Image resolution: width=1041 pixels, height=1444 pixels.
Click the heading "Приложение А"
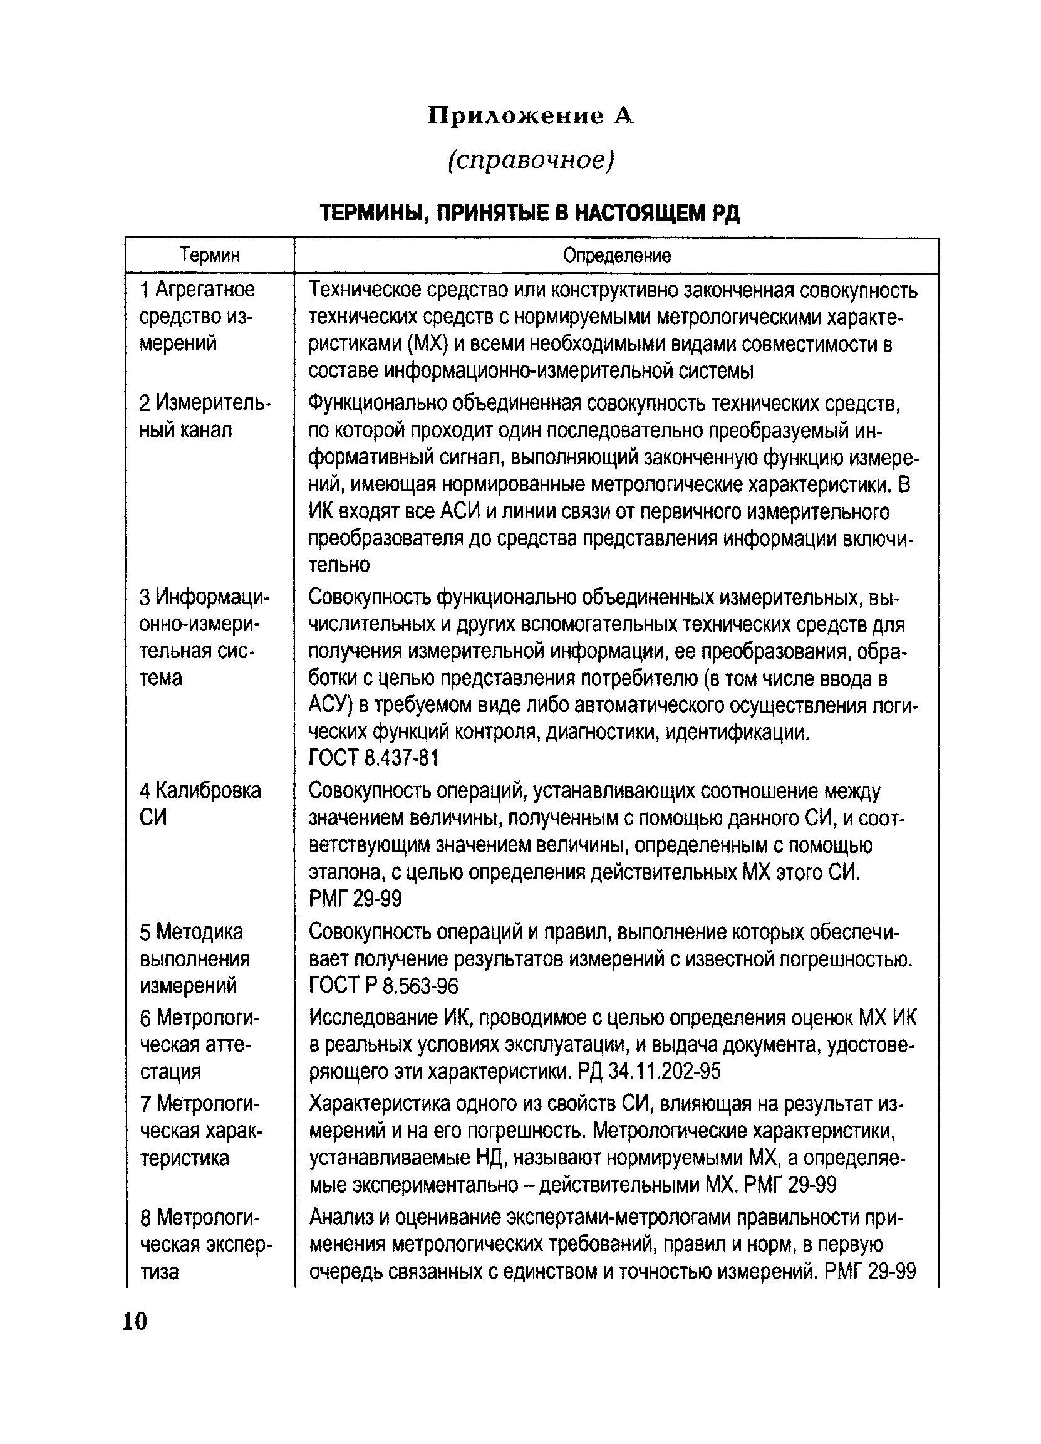pyautogui.click(x=531, y=116)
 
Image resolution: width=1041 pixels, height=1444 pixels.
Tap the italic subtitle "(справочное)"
pyautogui.click(x=531, y=160)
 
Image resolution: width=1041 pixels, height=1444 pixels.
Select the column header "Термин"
pyautogui.click(x=209, y=256)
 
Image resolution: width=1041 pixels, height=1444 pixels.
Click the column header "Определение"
pyautogui.click(x=616, y=256)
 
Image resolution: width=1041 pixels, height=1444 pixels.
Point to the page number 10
pyautogui.click(x=135, y=1322)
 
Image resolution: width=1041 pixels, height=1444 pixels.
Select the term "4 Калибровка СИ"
pyautogui.click(x=200, y=803)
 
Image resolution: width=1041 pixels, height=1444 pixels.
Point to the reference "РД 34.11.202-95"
pyautogui.click(x=649, y=1072)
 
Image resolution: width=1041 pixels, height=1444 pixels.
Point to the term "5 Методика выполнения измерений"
pyautogui.click(x=195, y=959)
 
